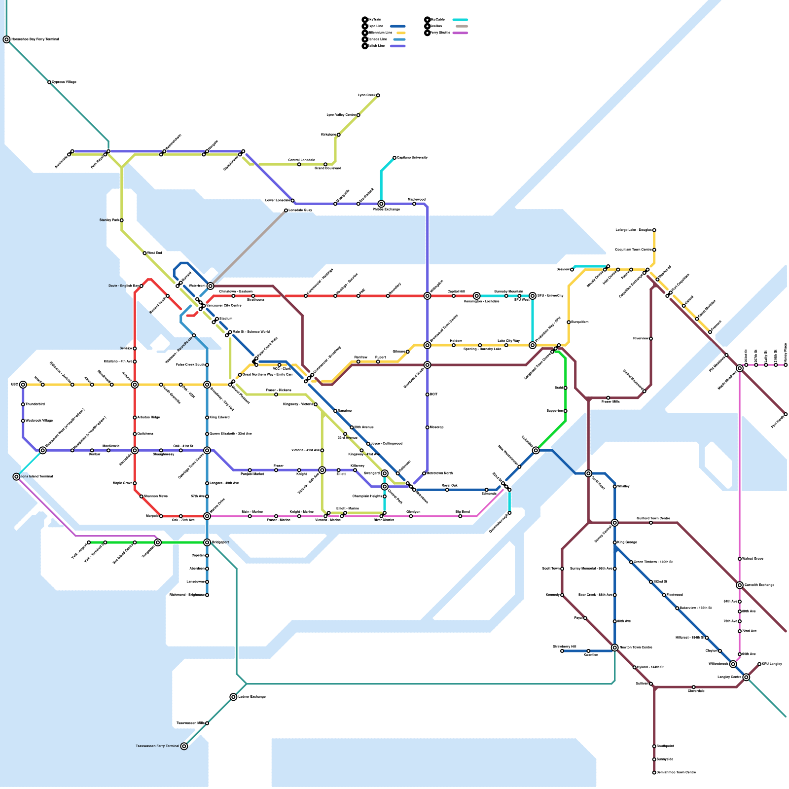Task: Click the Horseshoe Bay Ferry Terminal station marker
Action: click(x=6, y=39)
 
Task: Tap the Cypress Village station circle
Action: click(x=49, y=82)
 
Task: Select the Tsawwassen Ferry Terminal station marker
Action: click(x=184, y=746)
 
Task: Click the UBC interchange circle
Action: click(x=23, y=385)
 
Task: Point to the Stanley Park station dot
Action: click(x=122, y=220)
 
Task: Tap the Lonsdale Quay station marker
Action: click(x=286, y=211)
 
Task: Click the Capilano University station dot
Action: click(x=394, y=158)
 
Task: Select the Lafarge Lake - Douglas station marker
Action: click(x=654, y=230)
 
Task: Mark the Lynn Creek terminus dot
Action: click(x=378, y=95)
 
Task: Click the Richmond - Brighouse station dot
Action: click(x=207, y=595)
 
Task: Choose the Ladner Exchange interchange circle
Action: click(x=233, y=697)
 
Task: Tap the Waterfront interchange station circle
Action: click(x=211, y=286)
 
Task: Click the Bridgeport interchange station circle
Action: click(x=207, y=542)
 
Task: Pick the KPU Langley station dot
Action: click(x=759, y=664)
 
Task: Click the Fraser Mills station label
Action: click(x=610, y=402)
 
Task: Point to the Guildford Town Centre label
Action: click(x=653, y=518)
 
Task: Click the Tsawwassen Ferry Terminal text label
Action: click(x=157, y=746)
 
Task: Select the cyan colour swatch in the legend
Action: click(x=460, y=20)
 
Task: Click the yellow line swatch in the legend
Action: click(x=400, y=33)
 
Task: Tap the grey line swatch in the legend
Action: click(x=462, y=27)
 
